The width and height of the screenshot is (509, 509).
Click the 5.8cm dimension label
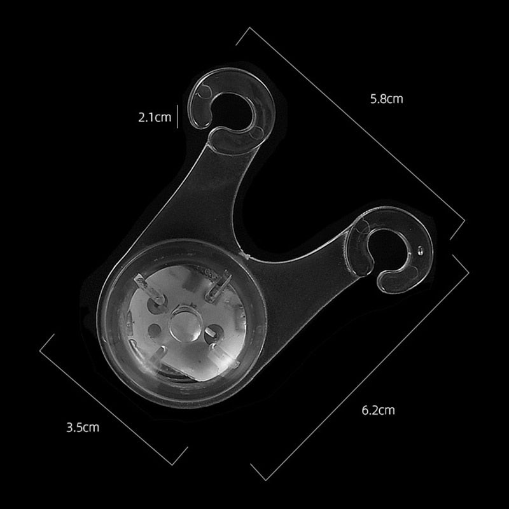[387, 99]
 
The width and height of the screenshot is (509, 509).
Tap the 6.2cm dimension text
[378, 410]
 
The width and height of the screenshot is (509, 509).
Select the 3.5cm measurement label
[83, 427]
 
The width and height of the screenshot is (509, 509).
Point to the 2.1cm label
[155, 117]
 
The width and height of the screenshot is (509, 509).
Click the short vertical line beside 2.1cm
[178, 116]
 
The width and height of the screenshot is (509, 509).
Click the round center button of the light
[185, 324]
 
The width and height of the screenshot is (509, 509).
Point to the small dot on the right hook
[420, 250]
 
